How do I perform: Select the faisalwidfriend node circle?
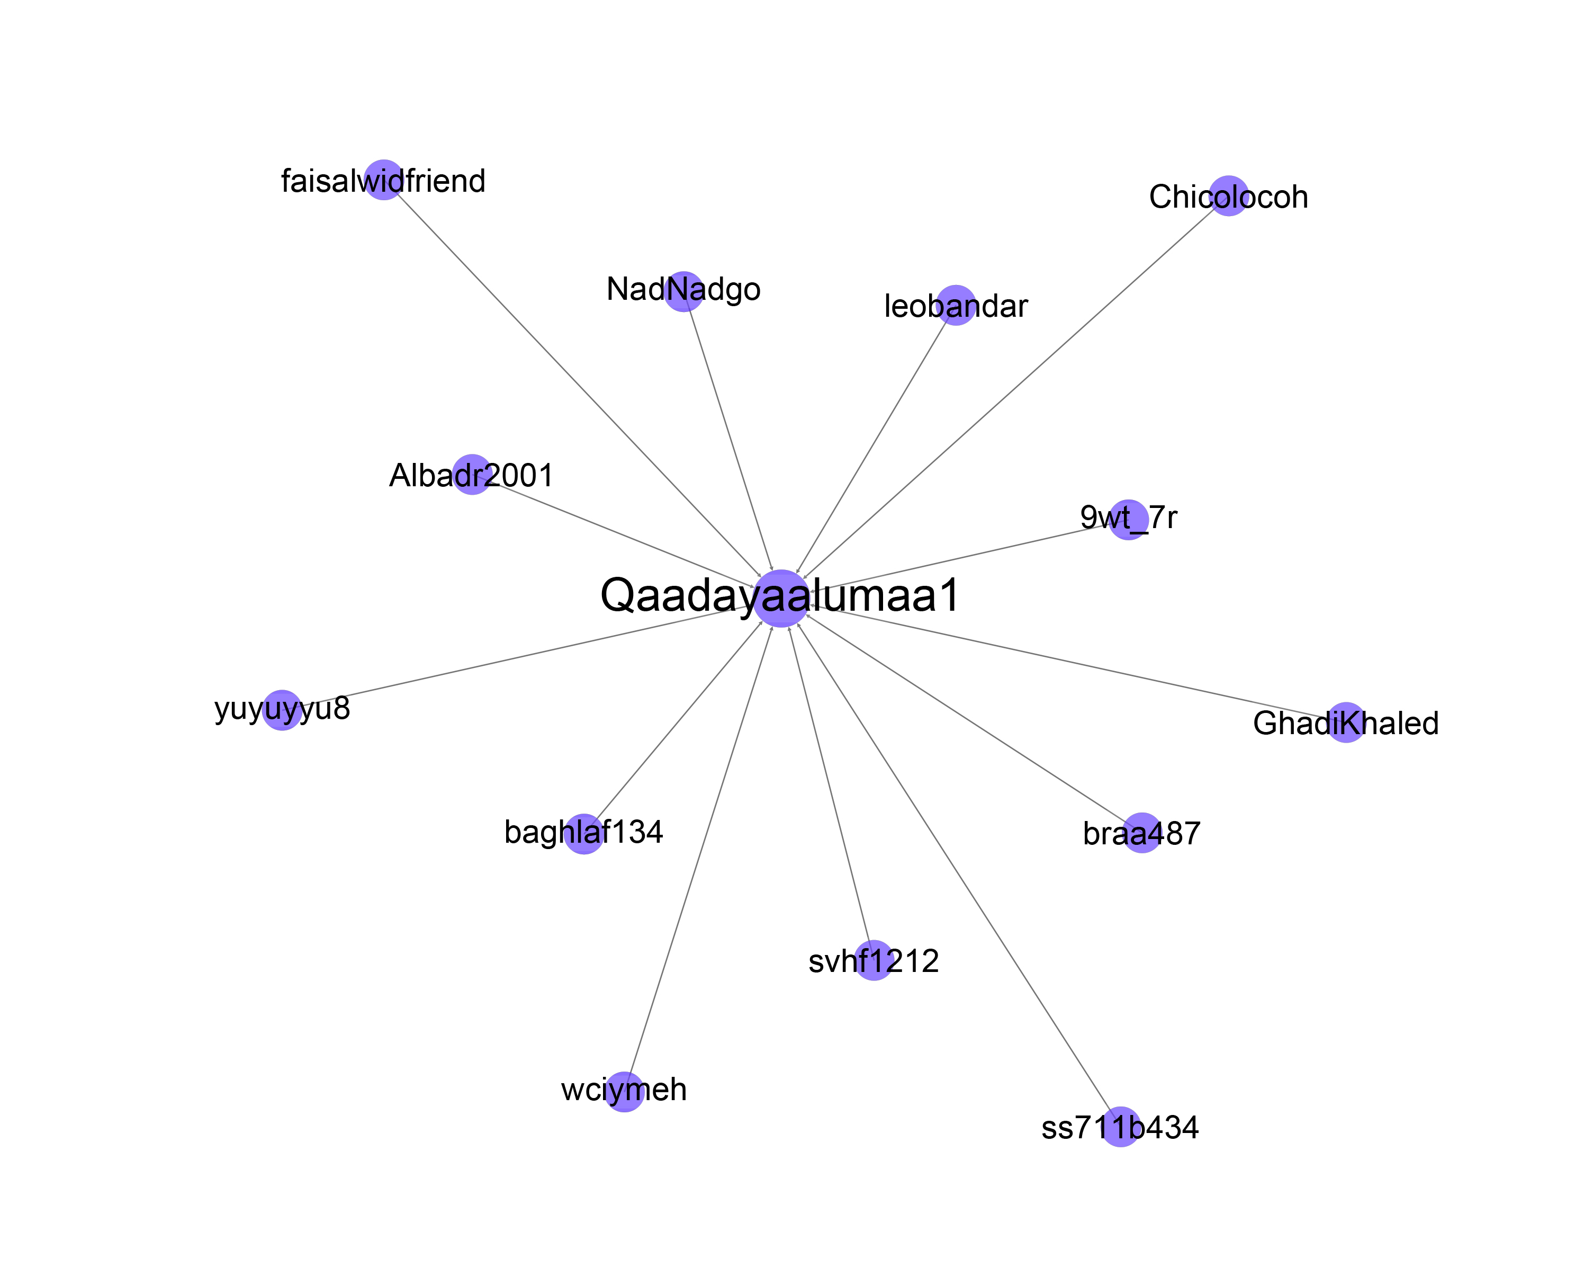tap(383, 180)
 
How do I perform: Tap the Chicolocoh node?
tap(1229, 196)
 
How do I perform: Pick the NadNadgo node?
tap(683, 291)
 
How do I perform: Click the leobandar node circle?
tap(956, 305)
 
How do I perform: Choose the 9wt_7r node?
tap(1128, 520)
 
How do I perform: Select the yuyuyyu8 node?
tap(282, 710)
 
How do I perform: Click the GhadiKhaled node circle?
tap(1346, 722)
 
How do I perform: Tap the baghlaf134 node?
tap(584, 834)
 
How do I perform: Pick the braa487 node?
tap(1142, 832)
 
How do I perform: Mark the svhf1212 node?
tap(874, 960)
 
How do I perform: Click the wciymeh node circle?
tap(624, 1092)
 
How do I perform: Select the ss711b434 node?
tap(1121, 1127)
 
